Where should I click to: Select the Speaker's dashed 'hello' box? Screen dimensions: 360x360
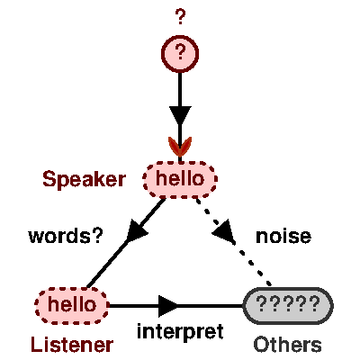tap(180, 178)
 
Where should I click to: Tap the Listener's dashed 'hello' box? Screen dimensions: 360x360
tap(71, 305)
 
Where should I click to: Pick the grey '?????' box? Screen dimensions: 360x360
tap(288, 305)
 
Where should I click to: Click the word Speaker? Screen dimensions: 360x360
tap(84, 179)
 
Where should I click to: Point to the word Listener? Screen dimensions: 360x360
tap(72, 344)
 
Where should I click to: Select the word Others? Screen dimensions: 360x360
tap(287, 344)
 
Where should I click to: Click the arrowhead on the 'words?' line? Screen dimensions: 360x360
tap(138, 231)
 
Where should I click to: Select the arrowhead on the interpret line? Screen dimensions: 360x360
tap(169, 305)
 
